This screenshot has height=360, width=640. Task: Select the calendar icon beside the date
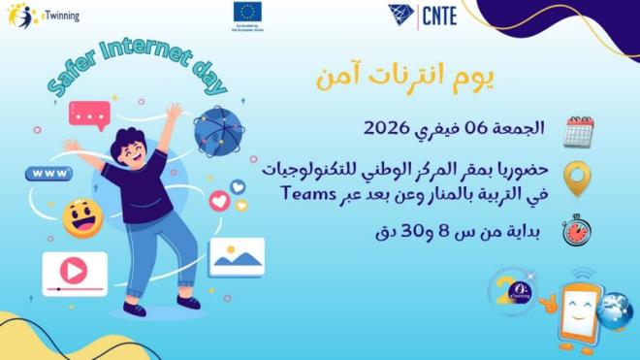point(579,131)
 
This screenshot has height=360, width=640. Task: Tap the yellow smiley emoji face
point(82,218)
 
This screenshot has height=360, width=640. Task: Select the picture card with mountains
point(236,257)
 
